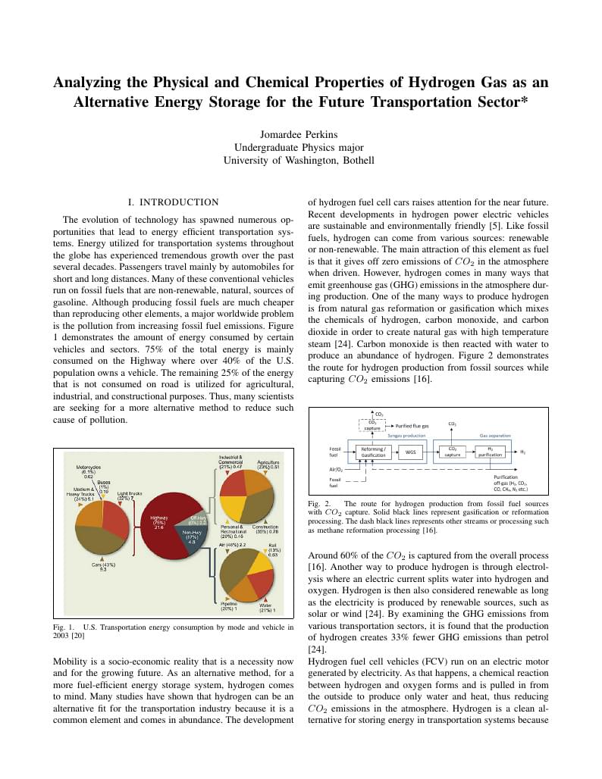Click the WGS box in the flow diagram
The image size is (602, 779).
coord(410,452)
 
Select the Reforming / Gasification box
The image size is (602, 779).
coord(374,452)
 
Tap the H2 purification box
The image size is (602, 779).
coord(490,452)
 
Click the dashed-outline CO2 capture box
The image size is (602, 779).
coord(372,426)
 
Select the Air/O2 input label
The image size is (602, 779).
coord(336,470)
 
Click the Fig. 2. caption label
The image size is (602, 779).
coord(318,503)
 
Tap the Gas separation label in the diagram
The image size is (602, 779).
coord(494,436)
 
